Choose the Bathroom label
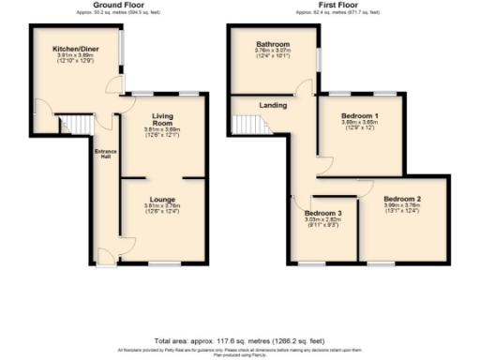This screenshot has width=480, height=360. (x=274, y=44)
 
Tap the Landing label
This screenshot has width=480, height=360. (x=273, y=106)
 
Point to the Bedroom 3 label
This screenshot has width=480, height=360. (x=322, y=213)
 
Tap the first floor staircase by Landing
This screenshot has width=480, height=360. (x=246, y=126)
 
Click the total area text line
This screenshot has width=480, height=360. (x=239, y=340)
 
